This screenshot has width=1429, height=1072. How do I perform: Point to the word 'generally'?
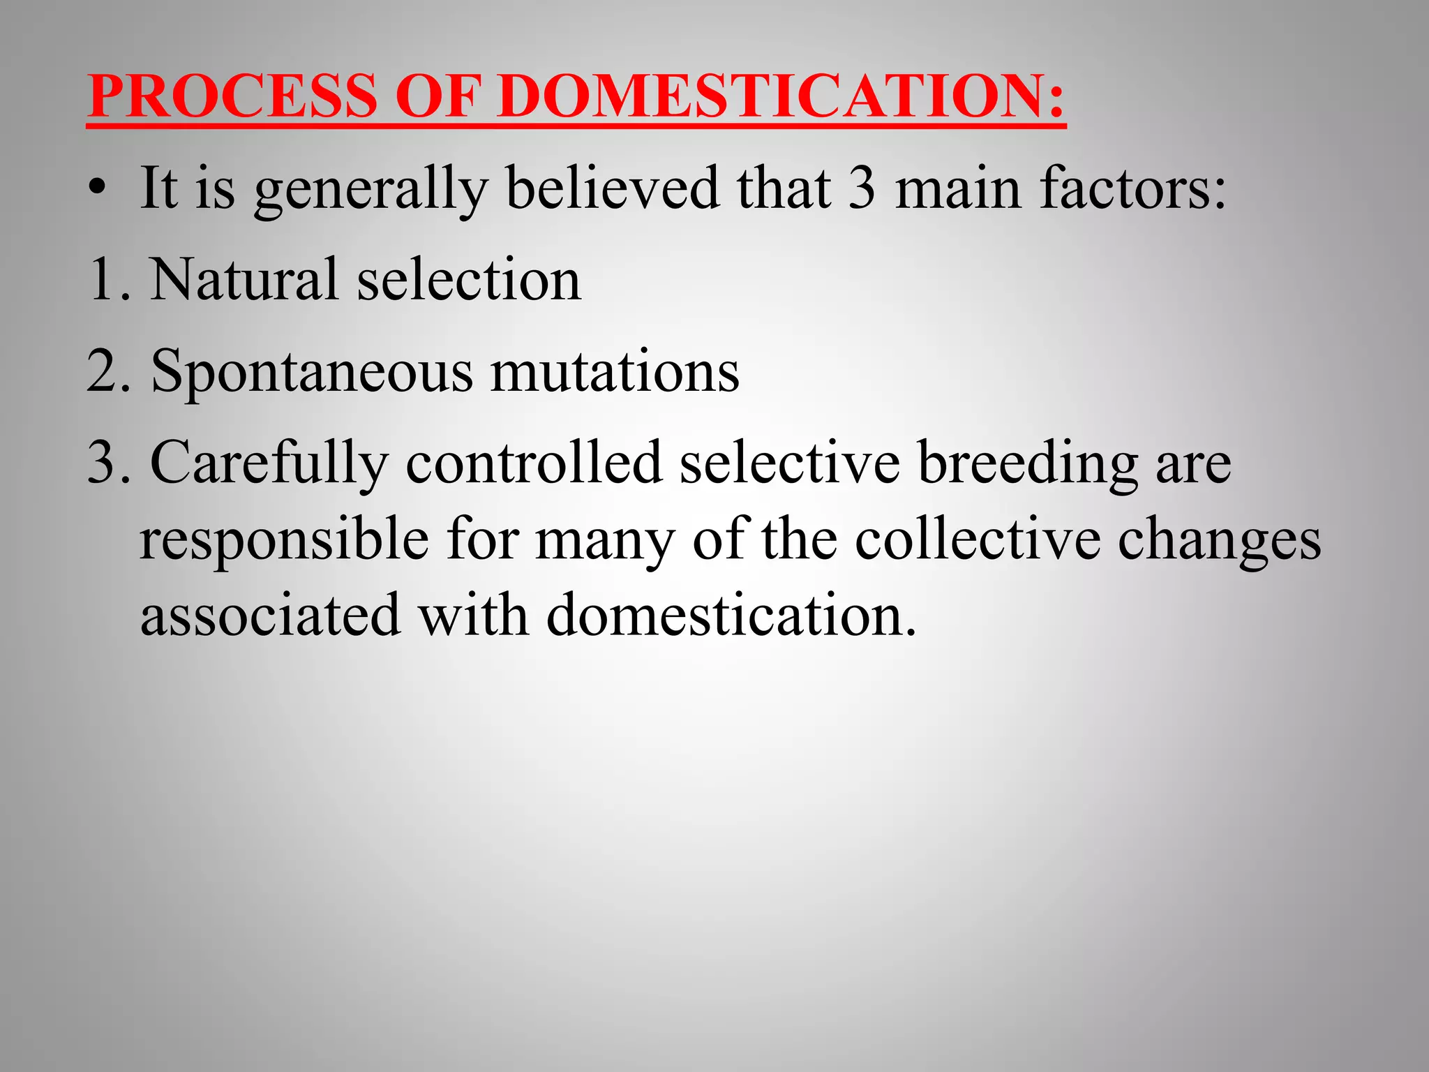(x=371, y=190)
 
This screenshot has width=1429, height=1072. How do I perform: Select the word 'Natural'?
(x=244, y=279)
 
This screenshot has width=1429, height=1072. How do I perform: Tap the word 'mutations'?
(x=615, y=371)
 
